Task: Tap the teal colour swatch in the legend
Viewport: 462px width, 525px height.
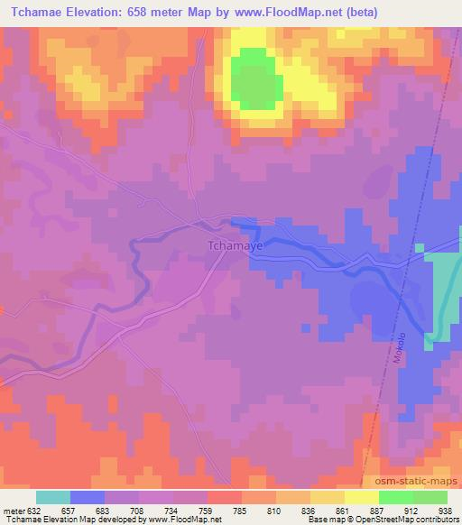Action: pos(53,497)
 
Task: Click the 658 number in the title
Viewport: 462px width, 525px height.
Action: pos(152,13)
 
